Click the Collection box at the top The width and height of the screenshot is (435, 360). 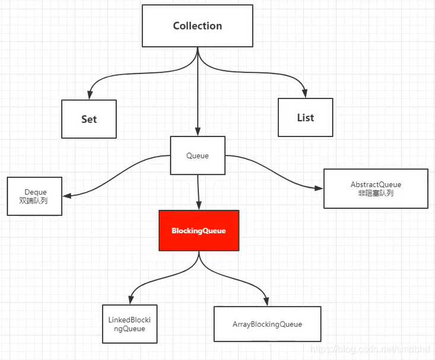click(x=198, y=26)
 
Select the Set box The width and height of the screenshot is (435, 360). click(x=89, y=119)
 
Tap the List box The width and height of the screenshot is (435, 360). click(x=306, y=117)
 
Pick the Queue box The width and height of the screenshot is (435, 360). click(x=198, y=155)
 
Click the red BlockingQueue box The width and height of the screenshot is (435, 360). click(x=199, y=230)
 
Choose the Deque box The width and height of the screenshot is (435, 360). click(x=35, y=196)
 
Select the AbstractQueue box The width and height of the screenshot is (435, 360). click(x=376, y=189)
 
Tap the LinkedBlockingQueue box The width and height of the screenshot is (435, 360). click(x=130, y=324)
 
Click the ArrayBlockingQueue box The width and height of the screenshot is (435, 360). click(x=267, y=324)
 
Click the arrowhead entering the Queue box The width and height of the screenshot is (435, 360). click(x=198, y=132)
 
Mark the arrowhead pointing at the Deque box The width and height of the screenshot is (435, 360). click(x=66, y=195)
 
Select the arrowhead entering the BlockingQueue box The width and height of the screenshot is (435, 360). click(x=199, y=206)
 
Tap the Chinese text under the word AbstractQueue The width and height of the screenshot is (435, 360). click(x=376, y=193)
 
